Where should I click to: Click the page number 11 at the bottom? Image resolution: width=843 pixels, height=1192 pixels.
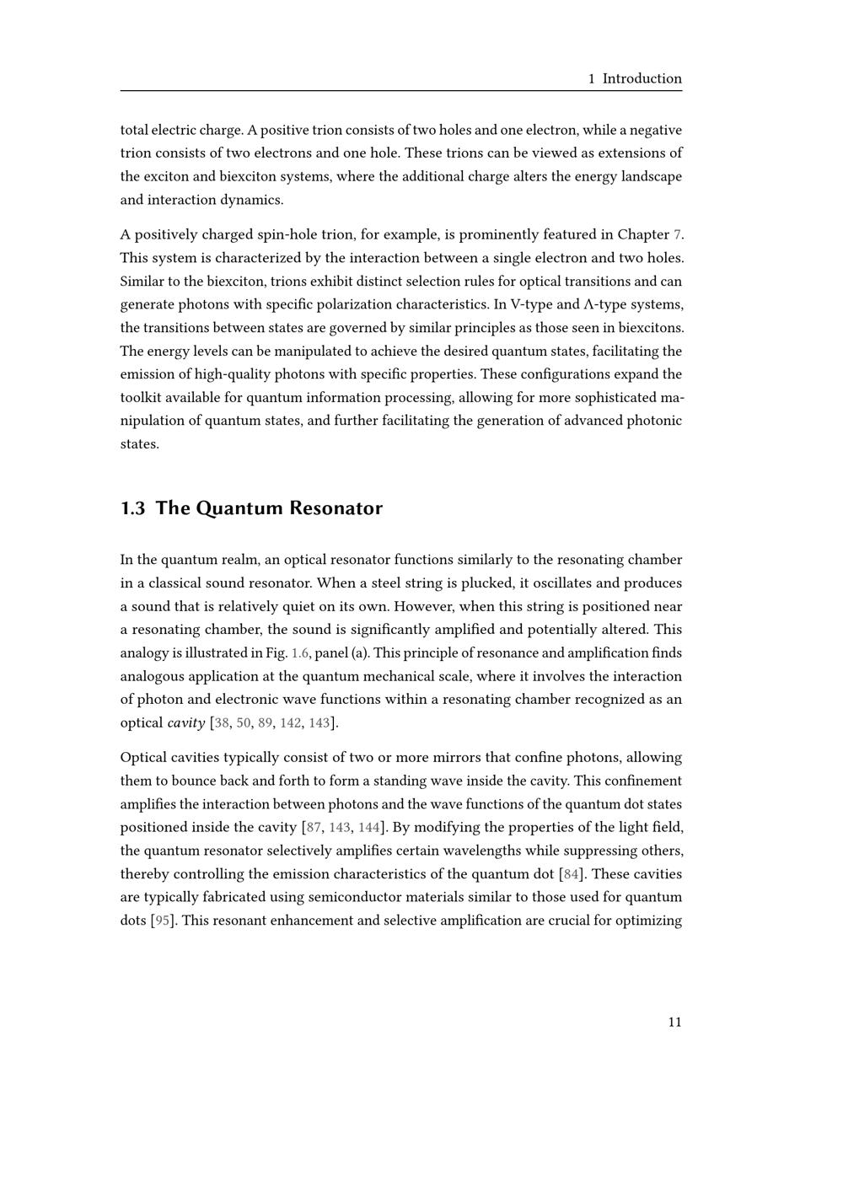[x=674, y=1023]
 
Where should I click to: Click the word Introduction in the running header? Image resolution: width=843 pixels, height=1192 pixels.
[x=642, y=78]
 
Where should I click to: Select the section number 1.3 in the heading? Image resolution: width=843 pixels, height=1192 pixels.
[x=133, y=508]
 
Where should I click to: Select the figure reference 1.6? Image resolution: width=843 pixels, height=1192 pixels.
[x=299, y=653]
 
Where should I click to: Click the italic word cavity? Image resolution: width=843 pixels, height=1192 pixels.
[x=185, y=723]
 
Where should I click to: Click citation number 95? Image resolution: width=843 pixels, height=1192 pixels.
[x=163, y=921]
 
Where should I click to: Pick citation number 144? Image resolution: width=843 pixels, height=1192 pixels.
[x=369, y=828]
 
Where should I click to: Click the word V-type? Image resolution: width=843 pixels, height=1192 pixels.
[x=533, y=304]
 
